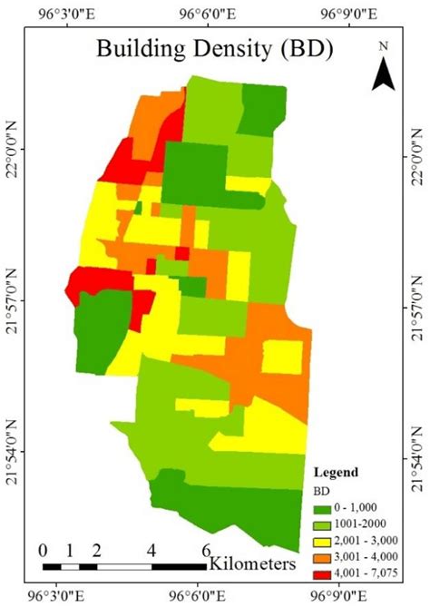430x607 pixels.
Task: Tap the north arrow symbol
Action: [384, 72]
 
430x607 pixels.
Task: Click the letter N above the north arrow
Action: [384, 46]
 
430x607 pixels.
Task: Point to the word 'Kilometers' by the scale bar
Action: [252, 563]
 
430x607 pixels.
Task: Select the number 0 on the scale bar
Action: [44, 550]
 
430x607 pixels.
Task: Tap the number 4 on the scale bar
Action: [151, 550]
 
